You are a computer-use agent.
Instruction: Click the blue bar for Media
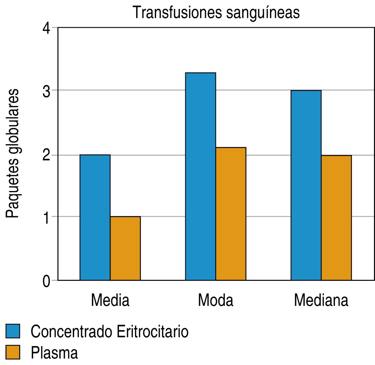[x=95, y=217]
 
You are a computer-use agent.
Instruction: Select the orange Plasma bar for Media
[x=125, y=248]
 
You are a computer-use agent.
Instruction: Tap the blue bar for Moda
[x=200, y=176]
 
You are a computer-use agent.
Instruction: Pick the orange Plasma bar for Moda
[x=231, y=214]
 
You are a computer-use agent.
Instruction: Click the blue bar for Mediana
[x=306, y=185]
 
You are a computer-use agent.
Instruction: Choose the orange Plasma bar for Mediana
[x=336, y=218]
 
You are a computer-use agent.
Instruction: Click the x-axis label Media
[x=110, y=300]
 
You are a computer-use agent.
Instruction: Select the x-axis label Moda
[x=216, y=300]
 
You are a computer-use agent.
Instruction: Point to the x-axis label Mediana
[x=321, y=300]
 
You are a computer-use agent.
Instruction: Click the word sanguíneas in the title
[x=259, y=14]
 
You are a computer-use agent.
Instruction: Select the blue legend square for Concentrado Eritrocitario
[x=13, y=331]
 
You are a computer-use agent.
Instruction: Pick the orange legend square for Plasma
[x=13, y=352]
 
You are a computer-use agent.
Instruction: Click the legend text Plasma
[x=54, y=353]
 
